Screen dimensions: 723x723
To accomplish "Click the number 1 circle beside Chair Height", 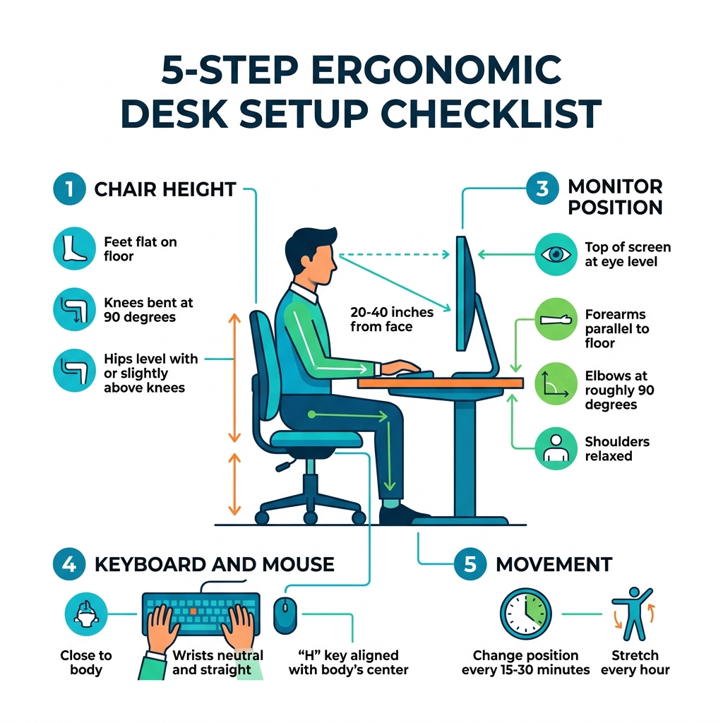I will (69, 190).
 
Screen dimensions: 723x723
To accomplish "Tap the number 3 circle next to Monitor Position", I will (543, 189).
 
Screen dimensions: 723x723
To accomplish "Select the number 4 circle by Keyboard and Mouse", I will (69, 564).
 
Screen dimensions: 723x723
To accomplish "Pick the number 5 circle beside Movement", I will (470, 565).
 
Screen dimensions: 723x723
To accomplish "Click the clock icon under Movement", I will (525, 611).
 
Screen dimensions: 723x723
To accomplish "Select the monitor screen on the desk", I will (462, 293).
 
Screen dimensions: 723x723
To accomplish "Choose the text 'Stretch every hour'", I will (635, 662).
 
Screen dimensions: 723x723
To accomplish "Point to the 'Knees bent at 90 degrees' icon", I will (73, 309).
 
